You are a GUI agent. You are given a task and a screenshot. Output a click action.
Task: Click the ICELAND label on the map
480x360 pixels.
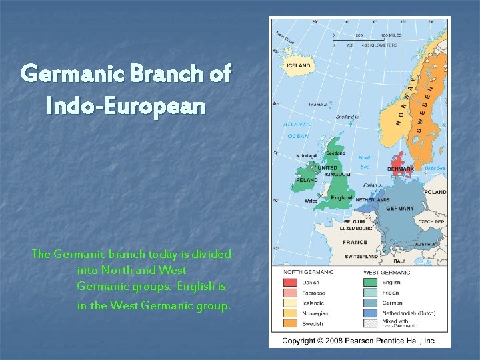(298, 66)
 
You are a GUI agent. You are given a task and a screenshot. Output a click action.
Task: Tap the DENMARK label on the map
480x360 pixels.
(401, 169)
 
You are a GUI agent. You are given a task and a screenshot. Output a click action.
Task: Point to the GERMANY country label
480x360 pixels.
(400, 208)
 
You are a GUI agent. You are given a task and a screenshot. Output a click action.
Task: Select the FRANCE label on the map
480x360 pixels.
(354, 242)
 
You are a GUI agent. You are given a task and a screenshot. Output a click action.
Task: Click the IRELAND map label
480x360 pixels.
(306, 180)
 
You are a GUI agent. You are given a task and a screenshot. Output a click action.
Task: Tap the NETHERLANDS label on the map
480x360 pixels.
(373, 199)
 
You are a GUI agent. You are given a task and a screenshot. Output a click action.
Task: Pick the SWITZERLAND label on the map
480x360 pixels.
(362, 257)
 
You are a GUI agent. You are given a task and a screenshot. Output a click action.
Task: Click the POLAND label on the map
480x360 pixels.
(435, 192)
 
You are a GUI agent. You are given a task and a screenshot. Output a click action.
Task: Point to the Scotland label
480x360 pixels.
(335, 153)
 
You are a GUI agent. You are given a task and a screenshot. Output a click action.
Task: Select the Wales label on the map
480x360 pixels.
(311, 200)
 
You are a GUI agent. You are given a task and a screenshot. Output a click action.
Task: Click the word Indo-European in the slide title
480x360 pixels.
(126, 105)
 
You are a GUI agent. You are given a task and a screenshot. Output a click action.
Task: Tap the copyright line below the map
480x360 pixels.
(359, 340)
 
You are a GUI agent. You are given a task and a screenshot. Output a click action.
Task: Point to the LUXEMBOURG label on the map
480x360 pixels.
(356, 228)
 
